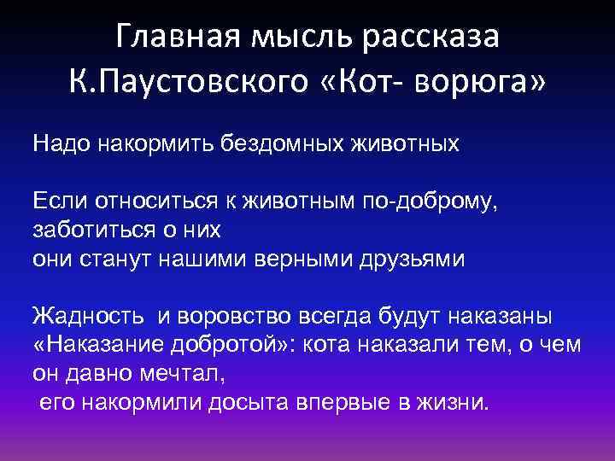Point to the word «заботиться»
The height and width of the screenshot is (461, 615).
88,230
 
